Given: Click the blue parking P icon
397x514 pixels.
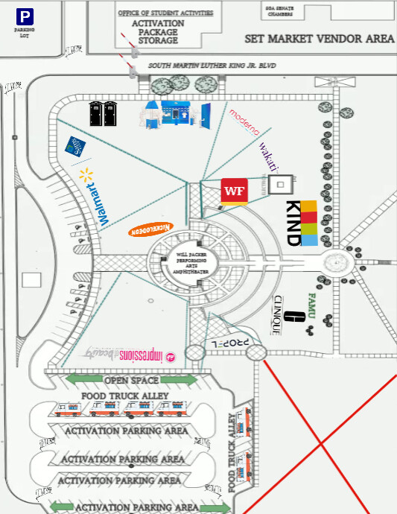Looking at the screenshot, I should [x=25, y=16].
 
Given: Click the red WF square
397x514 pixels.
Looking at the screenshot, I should [x=233, y=191].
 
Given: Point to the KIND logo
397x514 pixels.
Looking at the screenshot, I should [x=302, y=223].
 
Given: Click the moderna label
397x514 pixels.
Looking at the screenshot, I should [x=244, y=123].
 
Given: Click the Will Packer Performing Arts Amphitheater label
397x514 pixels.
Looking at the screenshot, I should [x=191, y=264].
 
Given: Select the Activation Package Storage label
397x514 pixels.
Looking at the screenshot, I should [x=158, y=32].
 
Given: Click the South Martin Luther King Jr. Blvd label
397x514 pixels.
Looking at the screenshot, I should [x=212, y=66].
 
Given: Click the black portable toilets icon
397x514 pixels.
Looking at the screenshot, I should [x=104, y=114].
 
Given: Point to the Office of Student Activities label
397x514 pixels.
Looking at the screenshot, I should [x=165, y=13].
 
